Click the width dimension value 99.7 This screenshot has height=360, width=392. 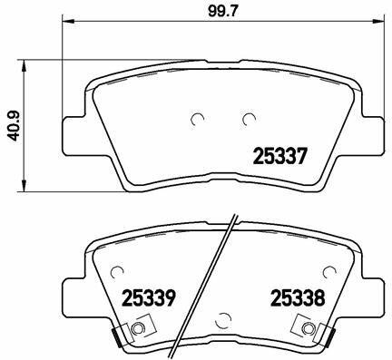(x=223, y=11)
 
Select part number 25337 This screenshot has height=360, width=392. (x=280, y=156)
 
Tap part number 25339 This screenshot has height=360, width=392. (x=149, y=297)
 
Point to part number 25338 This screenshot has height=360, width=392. (x=298, y=297)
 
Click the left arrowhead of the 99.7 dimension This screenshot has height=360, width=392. (x=68, y=21)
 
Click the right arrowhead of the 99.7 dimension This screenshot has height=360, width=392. (x=379, y=21)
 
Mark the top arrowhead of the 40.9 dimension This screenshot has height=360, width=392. (x=24, y=65)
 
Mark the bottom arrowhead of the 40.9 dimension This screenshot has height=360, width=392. (x=24, y=185)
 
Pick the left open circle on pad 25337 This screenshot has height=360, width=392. (x=198, y=119)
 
